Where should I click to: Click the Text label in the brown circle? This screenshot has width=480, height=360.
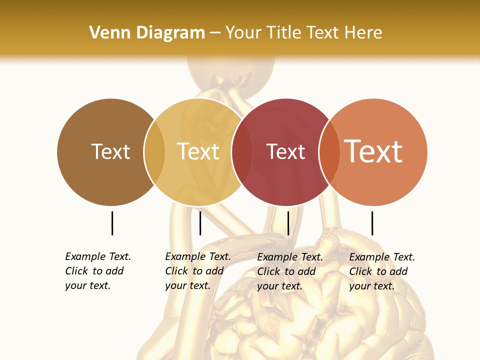[x=110, y=151]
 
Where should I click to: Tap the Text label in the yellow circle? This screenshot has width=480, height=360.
[x=198, y=151]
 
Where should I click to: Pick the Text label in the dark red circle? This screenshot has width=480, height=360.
[x=285, y=151]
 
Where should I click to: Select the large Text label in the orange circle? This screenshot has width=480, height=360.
[x=373, y=151]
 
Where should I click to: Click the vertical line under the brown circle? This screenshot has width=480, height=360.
[x=112, y=223]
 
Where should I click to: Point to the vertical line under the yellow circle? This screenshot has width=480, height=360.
[x=200, y=223]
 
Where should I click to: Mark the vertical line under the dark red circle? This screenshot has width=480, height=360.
[x=288, y=223]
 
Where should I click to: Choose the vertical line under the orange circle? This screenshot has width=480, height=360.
[x=372, y=223]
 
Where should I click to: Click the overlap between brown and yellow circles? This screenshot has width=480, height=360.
[x=154, y=152]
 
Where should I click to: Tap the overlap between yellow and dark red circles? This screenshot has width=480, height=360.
[x=242, y=152]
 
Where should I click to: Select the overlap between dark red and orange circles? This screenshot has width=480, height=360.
[x=329, y=152]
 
